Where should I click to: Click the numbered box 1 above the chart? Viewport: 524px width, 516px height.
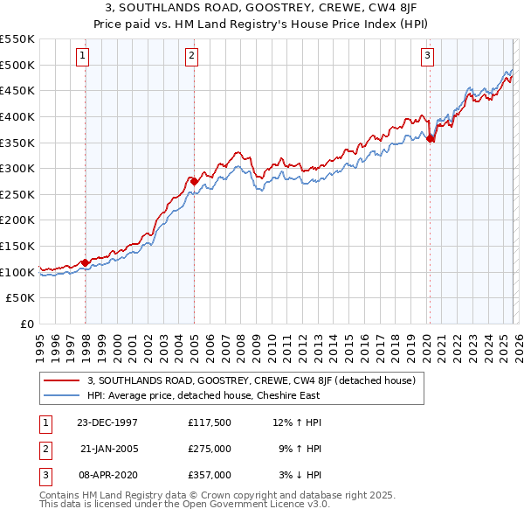(82, 57)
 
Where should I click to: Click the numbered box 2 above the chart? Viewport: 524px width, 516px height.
(191, 57)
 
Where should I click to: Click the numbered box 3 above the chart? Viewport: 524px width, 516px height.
(427, 57)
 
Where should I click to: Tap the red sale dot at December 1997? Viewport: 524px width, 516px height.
(85, 262)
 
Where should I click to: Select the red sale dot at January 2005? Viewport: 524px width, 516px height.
(194, 181)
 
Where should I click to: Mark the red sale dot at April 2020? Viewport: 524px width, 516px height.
(430, 138)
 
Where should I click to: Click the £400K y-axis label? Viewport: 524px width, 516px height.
(17, 116)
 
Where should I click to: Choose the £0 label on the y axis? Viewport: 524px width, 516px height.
(26, 324)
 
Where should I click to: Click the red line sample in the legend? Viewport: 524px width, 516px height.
(63, 380)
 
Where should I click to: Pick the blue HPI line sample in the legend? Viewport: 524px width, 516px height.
(63, 395)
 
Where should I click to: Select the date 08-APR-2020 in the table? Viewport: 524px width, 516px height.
(107, 475)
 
